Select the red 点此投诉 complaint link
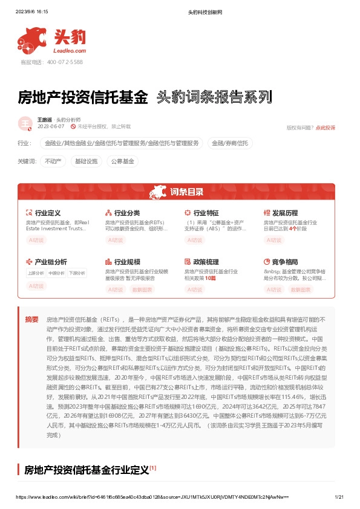click(x=325, y=128)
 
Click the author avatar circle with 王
click(x=25, y=123)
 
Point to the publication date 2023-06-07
click(x=51, y=127)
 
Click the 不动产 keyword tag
click(x=53, y=161)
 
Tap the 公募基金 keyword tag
click(x=122, y=161)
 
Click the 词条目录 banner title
click(x=186, y=192)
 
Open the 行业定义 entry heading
click(x=48, y=213)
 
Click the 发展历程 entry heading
click(x=285, y=213)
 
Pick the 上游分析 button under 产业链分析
click(x=36, y=273)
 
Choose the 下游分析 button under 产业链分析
click(x=76, y=273)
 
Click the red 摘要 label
click(x=31, y=319)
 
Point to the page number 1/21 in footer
click(x=339, y=496)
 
